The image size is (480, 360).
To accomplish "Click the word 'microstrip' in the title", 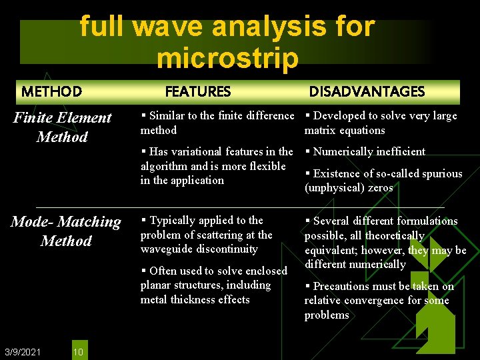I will pos(227,59).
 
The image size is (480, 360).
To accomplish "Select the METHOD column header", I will pos(51,91).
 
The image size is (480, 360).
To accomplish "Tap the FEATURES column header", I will pos(197,91).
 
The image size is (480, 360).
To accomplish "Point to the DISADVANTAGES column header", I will pos(366,91).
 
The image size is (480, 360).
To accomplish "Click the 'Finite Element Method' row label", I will pos(63,127).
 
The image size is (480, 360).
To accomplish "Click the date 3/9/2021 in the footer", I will pos(22,351).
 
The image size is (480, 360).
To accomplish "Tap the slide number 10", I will pos(78,351).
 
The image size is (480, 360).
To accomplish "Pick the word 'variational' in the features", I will pos(201,151).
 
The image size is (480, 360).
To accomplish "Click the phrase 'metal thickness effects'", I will pos(195,300).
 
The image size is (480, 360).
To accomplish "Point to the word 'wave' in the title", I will pos(169,27).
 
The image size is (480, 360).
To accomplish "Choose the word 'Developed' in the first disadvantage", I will pos(339,116).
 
